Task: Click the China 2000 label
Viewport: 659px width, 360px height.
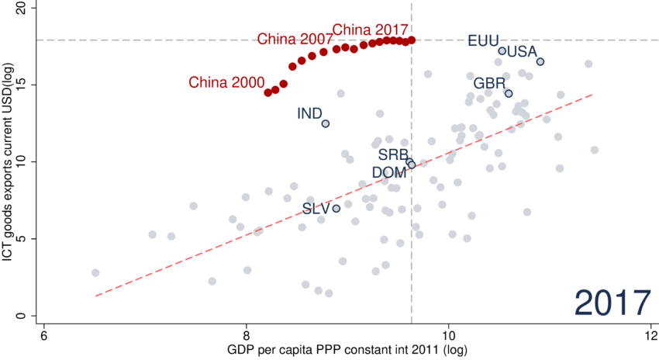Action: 225,82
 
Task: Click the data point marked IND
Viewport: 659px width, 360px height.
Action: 326,123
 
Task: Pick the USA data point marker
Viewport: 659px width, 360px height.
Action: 540,61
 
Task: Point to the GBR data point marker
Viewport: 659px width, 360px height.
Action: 509,93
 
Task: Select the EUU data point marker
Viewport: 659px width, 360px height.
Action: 502,51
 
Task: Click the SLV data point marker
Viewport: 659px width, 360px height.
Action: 336,208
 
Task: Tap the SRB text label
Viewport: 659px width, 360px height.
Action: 393,155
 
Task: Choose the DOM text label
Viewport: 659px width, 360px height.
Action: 388,171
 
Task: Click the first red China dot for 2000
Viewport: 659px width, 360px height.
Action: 268,92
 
